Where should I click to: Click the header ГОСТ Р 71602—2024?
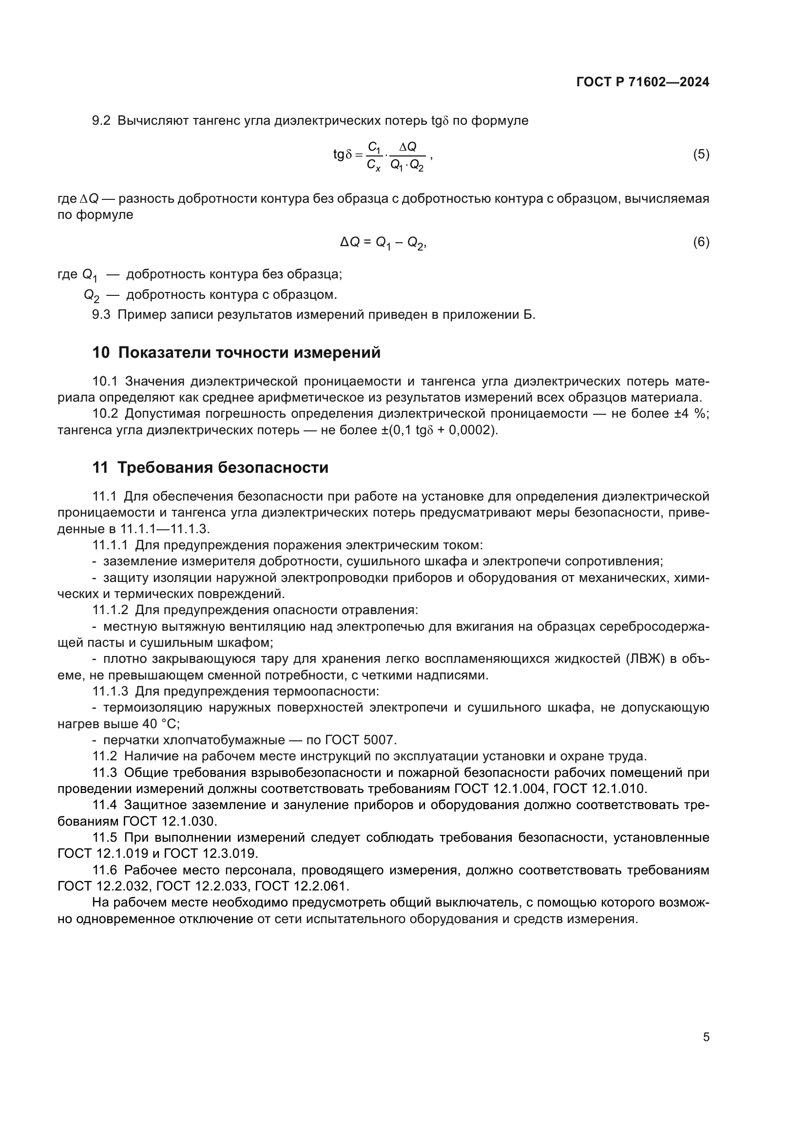point(642,82)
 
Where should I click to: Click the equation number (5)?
point(701,155)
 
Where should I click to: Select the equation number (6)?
point(701,242)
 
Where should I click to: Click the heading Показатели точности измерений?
point(249,352)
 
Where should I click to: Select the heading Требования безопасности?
point(223,468)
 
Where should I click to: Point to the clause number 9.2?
point(101,121)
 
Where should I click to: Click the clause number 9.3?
point(101,315)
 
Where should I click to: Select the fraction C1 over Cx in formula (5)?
point(374,155)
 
